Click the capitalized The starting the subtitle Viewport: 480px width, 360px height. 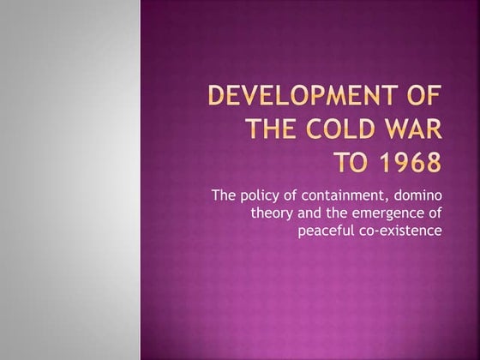[222, 197]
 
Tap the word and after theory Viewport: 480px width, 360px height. [310, 213]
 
